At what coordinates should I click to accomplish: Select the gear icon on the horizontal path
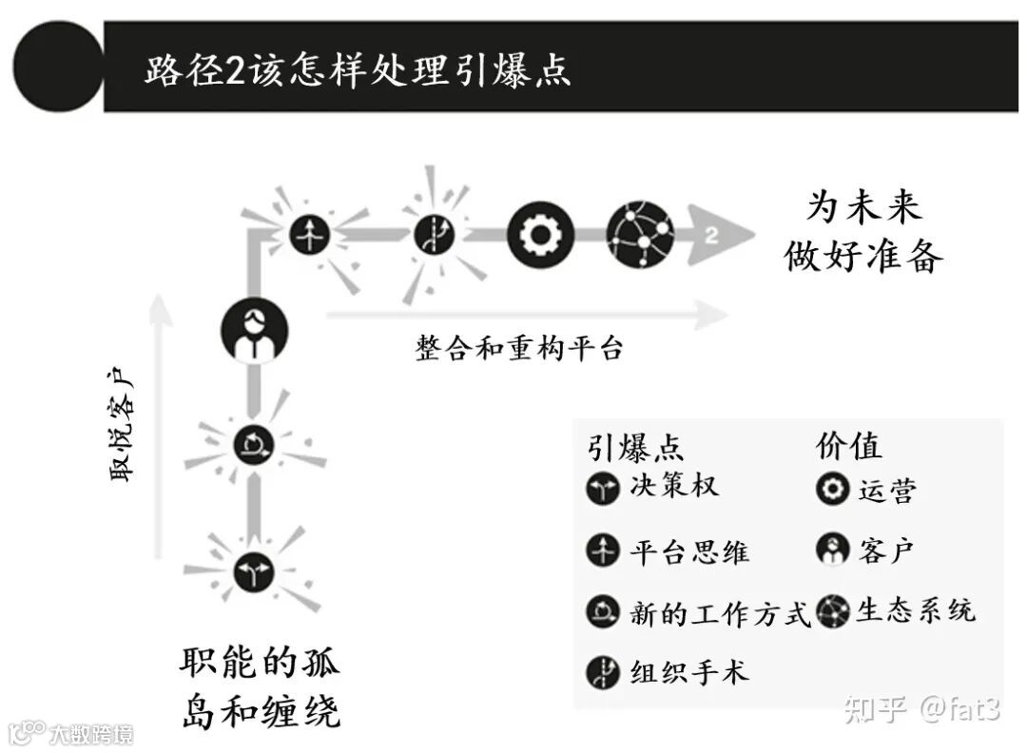(x=540, y=234)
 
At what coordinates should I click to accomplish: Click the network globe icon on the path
(x=640, y=234)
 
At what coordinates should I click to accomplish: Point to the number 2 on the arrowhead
(x=711, y=235)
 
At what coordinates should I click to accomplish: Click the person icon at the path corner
(x=254, y=331)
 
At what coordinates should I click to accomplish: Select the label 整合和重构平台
(x=518, y=348)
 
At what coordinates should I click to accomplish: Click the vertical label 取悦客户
(x=124, y=428)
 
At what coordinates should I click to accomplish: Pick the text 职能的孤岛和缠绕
(x=260, y=686)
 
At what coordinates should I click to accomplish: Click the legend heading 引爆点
(x=634, y=447)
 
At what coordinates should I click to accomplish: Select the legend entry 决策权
(x=673, y=487)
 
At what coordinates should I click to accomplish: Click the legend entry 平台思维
(x=689, y=550)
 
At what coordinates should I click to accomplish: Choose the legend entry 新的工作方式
(x=720, y=613)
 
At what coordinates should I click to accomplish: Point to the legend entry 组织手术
(x=689, y=672)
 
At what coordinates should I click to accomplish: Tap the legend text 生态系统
(x=915, y=610)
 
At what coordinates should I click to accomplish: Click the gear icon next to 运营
(x=832, y=489)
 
